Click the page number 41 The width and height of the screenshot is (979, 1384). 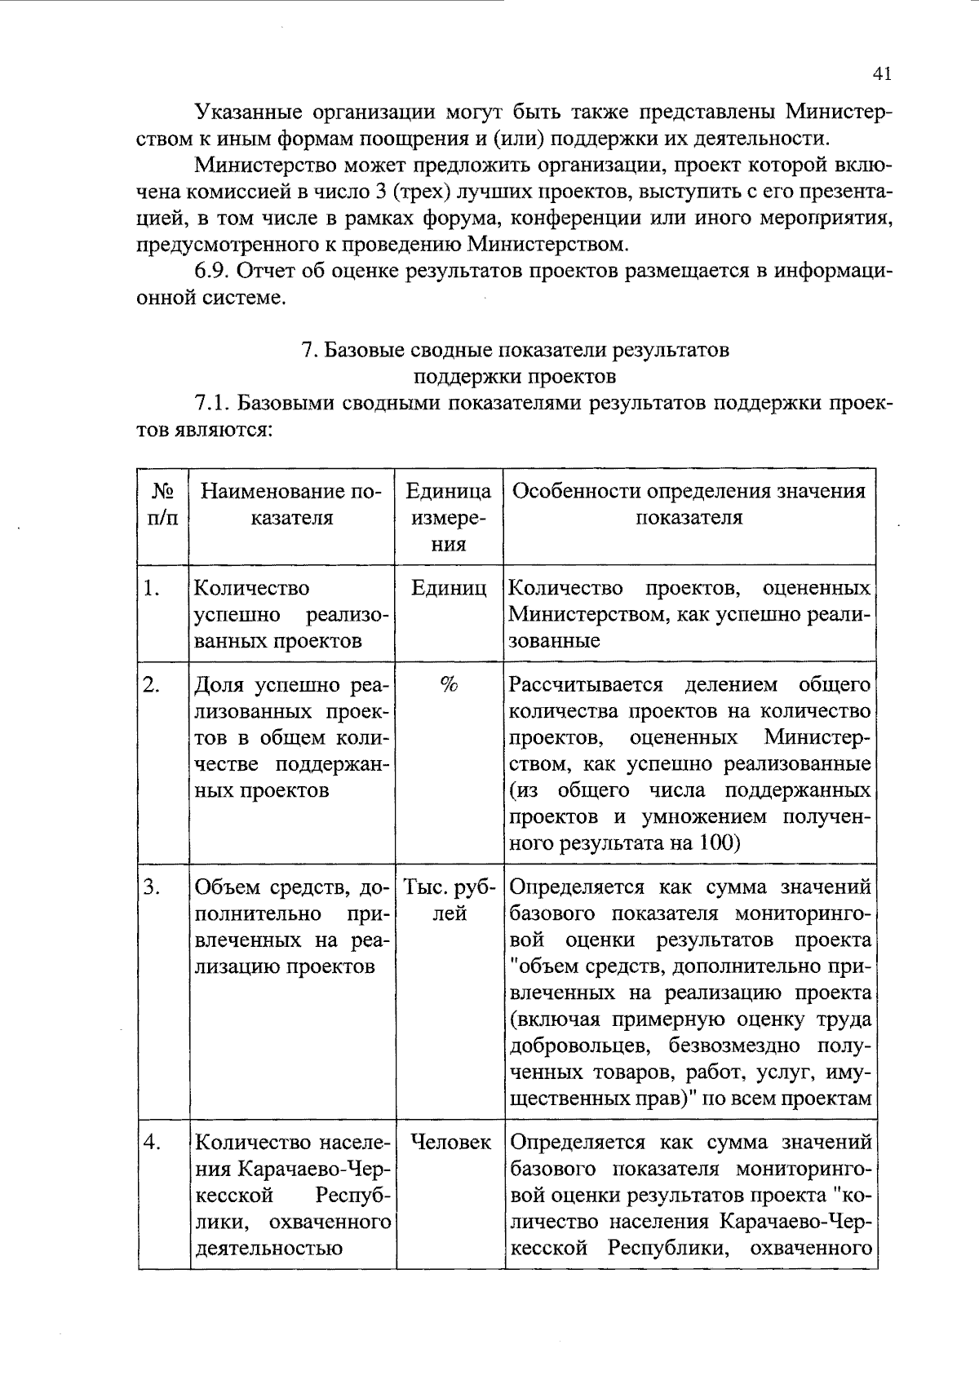coord(881,74)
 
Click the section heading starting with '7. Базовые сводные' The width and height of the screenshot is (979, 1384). coord(515,363)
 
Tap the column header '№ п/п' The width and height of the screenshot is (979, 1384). coord(163,504)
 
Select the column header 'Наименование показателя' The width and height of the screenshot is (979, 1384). coord(291,504)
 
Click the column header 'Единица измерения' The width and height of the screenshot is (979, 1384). coord(449,517)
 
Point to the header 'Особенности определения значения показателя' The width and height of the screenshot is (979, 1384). coord(689,504)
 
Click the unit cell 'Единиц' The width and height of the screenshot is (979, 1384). coord(449,588)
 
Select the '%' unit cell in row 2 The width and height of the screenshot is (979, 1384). coord(449,685)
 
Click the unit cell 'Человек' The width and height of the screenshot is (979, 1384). coord(450,1143)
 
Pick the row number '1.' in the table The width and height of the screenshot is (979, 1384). coord(151,588)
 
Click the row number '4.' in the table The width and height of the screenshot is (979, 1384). coord(151,1143)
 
